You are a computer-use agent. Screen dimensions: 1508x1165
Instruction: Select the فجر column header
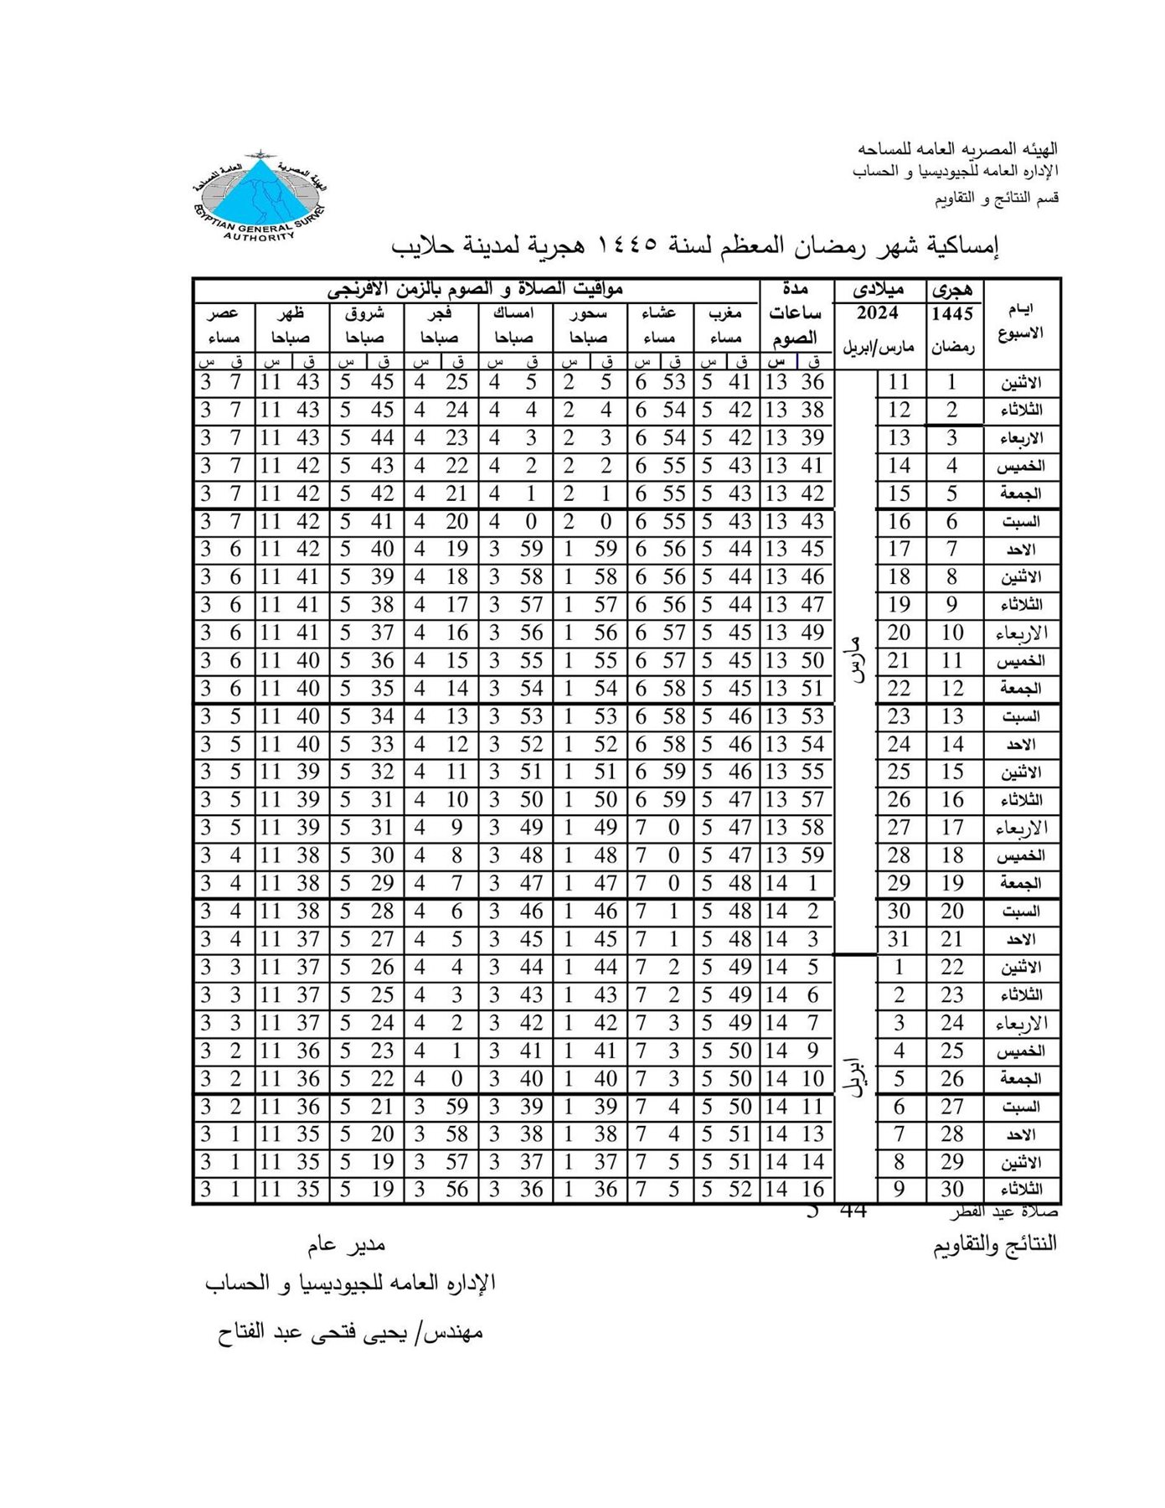click(440, 314)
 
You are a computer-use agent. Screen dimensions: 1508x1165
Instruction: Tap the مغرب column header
click(725, 314)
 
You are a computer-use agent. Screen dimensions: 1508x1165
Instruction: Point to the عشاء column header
click(659, 314)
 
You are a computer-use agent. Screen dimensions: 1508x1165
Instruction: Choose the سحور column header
click(589, 314)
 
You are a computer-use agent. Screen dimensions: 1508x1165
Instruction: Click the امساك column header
click(514, 314)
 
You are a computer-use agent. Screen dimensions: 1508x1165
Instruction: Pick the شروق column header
click(365, 314)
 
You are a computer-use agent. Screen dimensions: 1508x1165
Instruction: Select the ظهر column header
click(291, 314)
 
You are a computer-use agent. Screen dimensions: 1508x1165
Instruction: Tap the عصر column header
click(224, 314)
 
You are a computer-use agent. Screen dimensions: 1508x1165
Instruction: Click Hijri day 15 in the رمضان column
click(952, 772)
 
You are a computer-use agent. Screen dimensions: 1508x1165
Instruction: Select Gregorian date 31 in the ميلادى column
click(899, 939)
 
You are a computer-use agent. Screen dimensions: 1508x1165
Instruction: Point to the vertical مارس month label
click(857, 662)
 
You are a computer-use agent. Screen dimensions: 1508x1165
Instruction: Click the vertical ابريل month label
click(857, 1079)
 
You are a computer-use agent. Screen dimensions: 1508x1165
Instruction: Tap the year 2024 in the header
click(878, 314)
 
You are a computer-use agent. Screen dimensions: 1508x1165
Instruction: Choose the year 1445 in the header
click(953, 314)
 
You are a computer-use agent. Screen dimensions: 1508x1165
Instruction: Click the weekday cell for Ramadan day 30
click(1022, 1190)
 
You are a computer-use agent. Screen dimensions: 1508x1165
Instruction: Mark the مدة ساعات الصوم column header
click(795, 315)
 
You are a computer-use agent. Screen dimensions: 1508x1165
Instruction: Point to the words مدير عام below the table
click(346, 1245)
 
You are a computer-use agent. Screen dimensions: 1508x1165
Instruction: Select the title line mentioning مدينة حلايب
click(695, 245)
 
